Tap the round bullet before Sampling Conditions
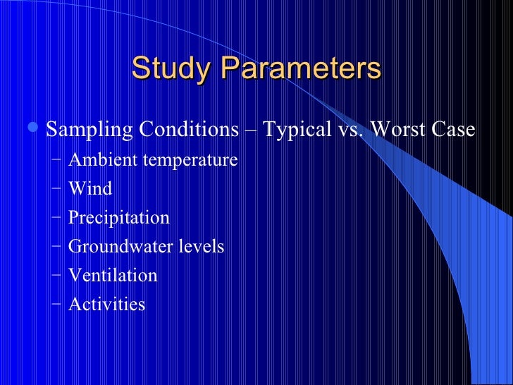(x=36, y=129)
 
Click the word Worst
(x=398, y=130)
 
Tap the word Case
(x=454, y=130)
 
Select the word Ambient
(x=104, y=160)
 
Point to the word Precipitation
(x=119, y=218)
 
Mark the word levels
(x=202, y=247)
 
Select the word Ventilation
(x=113, y=275)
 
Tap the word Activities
(x=107, y=304)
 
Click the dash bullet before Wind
(x=56, y=189)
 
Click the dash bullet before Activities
(x=56, y=304)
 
